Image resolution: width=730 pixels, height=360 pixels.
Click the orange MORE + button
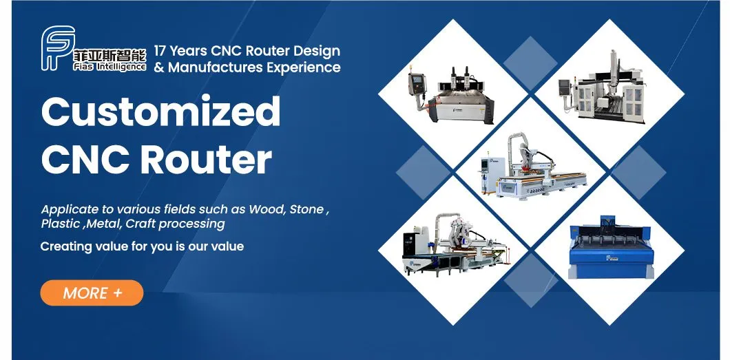(92, 293)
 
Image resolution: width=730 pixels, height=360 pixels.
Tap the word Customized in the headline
(160, 112)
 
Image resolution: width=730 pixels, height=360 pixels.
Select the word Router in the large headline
(206, 159)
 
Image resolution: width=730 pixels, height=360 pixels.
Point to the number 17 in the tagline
(160, 51)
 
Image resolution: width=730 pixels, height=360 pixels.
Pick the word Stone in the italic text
(306, 209)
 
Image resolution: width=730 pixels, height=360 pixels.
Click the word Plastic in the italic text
(61, 224)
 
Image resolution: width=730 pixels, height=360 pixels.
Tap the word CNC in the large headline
(84, 159)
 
